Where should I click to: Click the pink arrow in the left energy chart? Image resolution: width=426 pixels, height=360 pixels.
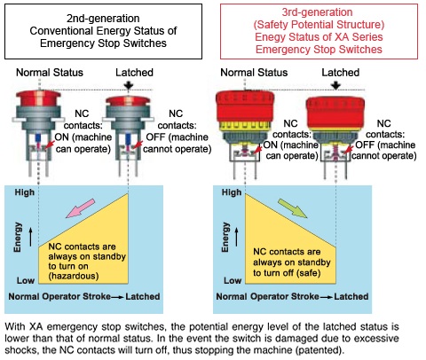point(80,208)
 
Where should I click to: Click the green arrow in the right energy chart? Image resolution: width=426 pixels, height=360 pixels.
point(293,208)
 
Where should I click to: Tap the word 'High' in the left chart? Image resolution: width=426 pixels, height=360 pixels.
point(25,192)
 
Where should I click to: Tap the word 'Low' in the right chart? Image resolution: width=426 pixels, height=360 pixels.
point(233,280)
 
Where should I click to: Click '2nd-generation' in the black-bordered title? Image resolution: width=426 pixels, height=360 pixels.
point(103,19)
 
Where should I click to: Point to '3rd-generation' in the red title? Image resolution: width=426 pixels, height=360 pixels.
point(317,12)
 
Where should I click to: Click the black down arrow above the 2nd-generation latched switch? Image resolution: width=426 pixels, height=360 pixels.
point(129,86)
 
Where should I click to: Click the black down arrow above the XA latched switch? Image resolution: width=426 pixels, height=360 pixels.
point(335,86)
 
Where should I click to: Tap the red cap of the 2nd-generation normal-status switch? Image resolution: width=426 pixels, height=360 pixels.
point(38,98)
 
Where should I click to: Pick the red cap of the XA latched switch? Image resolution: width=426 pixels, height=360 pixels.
point(335,113)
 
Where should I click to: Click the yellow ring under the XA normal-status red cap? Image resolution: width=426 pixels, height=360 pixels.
point(245,126)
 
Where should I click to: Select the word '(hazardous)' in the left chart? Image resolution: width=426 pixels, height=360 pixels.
point(74,276)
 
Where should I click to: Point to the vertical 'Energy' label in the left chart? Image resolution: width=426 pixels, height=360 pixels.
point(18,237)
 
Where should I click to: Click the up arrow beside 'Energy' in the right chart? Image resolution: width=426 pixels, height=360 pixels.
point(236,237)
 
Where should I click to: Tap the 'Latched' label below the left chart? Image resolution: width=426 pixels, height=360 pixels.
point(143,296)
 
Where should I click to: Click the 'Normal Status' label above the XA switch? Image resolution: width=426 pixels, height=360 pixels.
point(254,73)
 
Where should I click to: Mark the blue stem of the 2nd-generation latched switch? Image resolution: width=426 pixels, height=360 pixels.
point(128,139)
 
